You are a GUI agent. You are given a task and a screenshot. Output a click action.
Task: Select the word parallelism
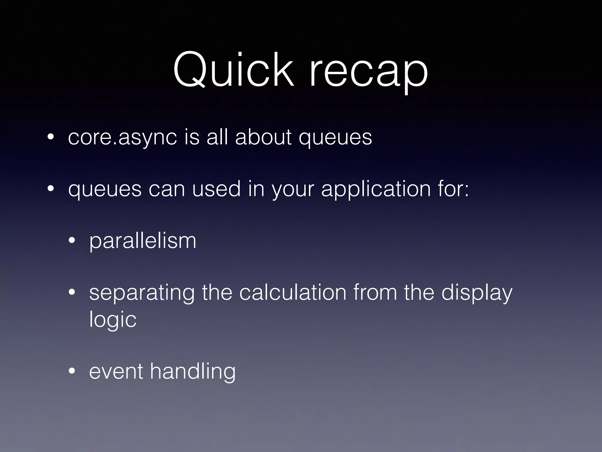click(x=143, y=241)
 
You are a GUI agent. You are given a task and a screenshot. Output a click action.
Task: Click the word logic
click(x=113, y=320)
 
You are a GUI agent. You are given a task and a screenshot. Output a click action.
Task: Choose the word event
click(x=116, y=371)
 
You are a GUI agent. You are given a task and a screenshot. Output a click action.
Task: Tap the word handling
click(x=193, y=372)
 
